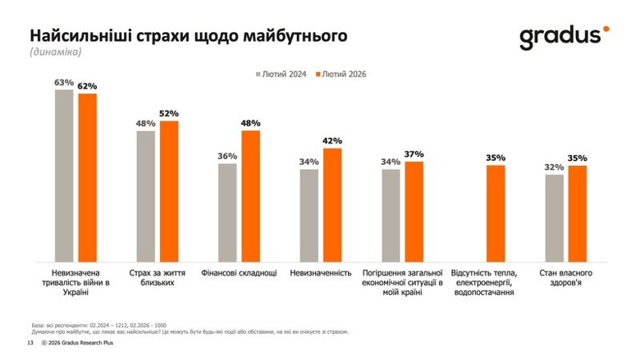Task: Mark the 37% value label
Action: point(414,154)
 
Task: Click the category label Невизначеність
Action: point(320,272)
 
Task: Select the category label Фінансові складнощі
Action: point(239,272)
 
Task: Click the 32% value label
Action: point(555,167)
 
